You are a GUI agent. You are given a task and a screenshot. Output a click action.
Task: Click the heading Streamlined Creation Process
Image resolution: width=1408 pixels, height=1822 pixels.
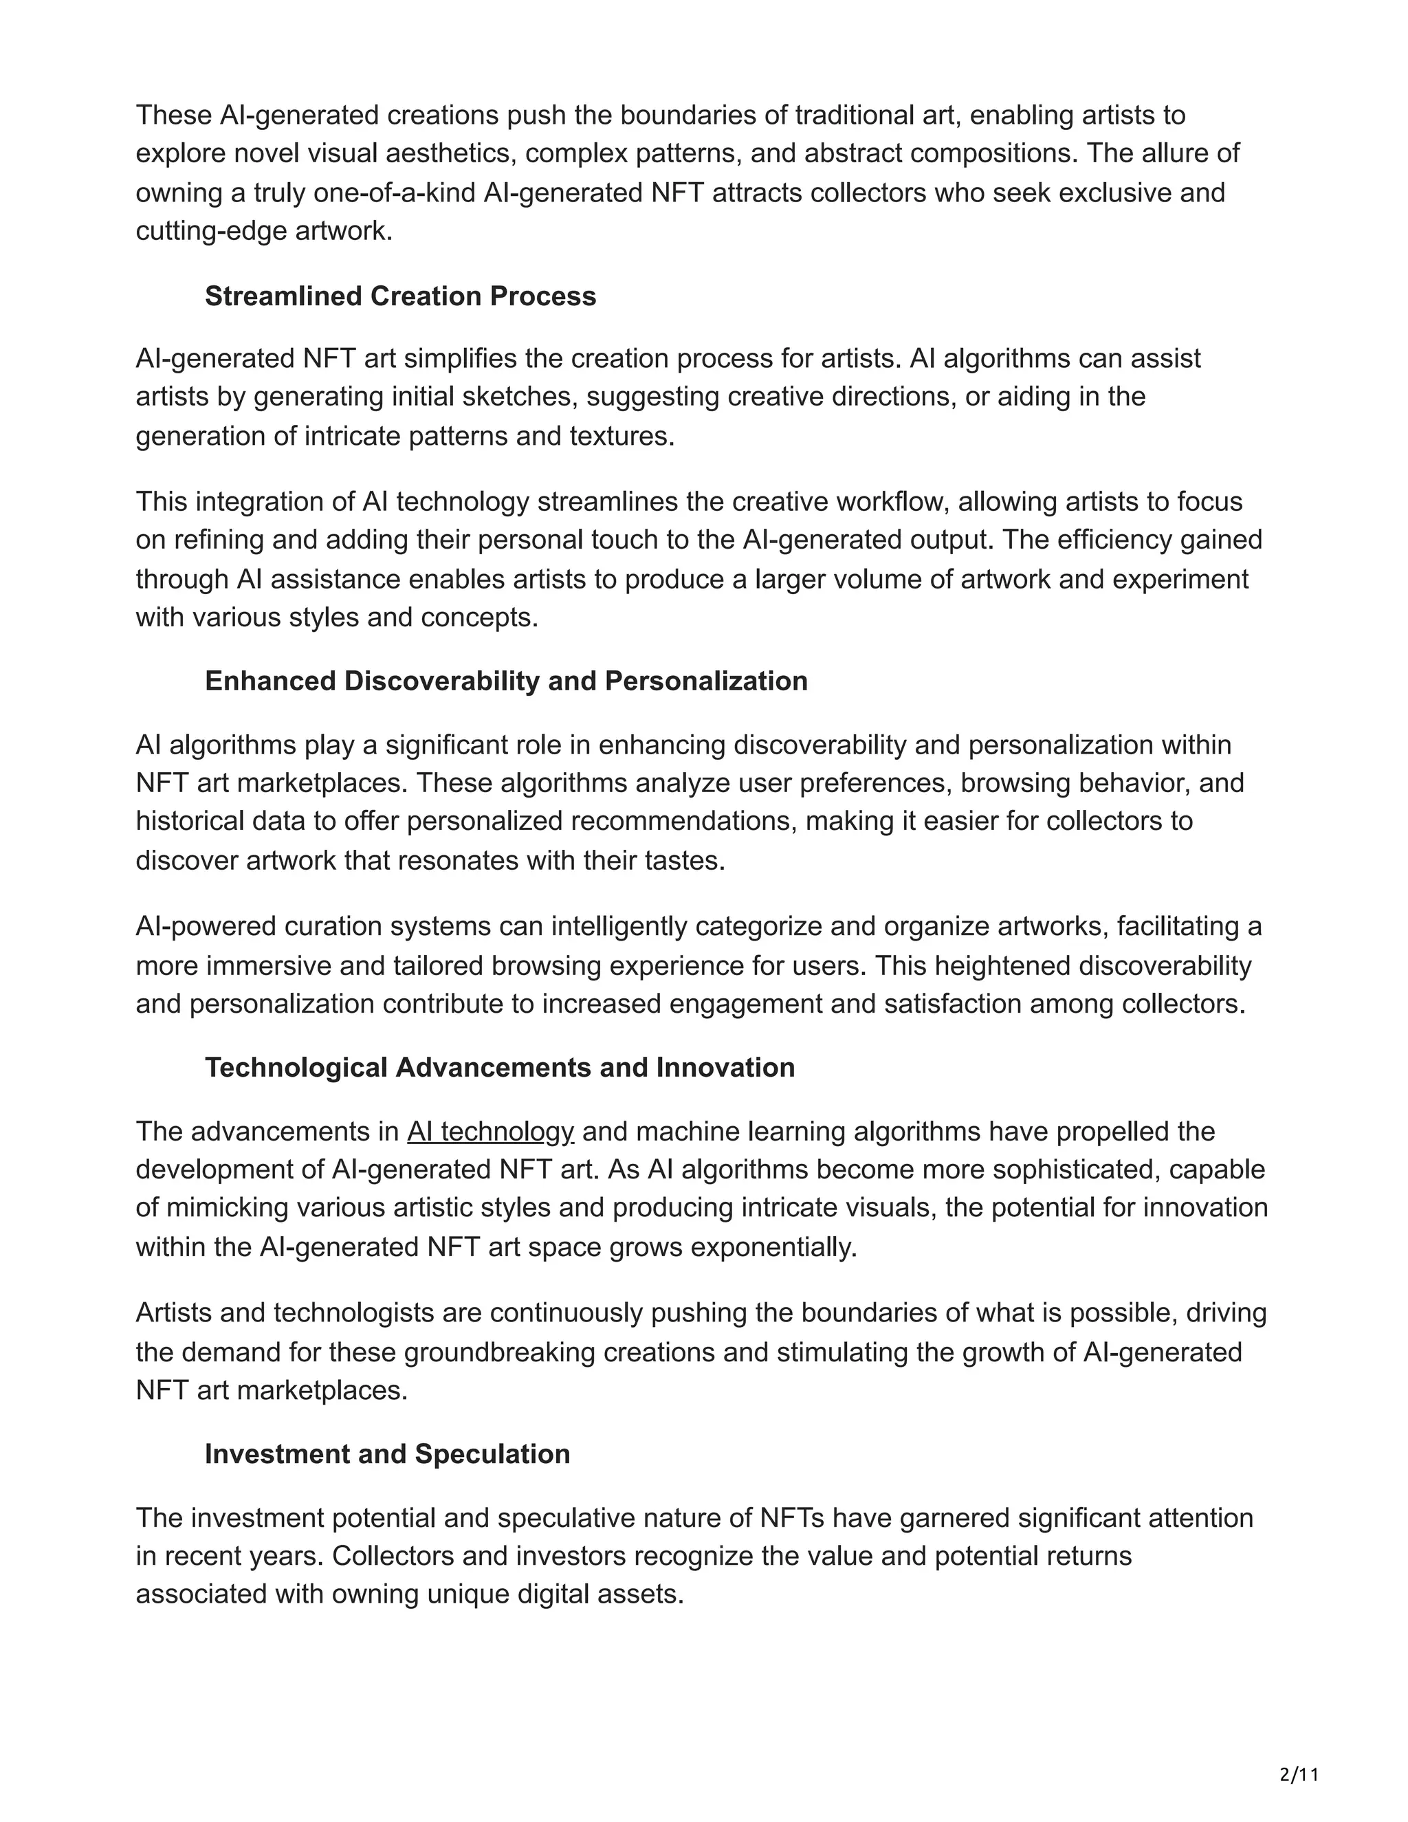(400, 296)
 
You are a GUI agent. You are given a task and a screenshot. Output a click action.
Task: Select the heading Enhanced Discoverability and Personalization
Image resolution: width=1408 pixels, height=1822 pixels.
(506, 681)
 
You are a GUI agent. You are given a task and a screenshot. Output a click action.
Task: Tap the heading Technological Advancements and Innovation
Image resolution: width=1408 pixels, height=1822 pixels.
(500, 1067)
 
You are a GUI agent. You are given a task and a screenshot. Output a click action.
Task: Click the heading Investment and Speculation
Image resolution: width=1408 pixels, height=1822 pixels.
(387, 1453)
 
